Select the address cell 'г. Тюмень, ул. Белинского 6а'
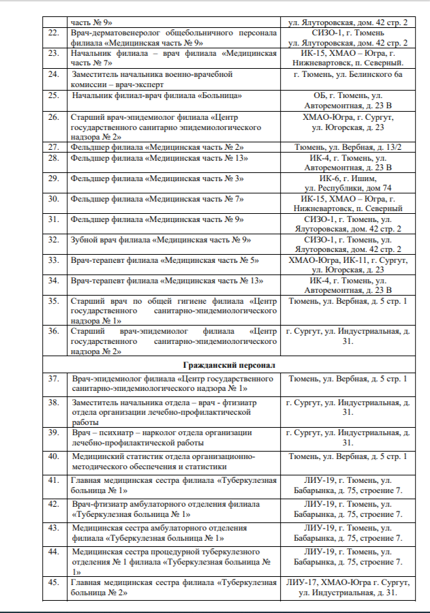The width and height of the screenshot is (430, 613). pos(348,74)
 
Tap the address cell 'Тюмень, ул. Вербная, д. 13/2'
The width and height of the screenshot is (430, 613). pos(348,147)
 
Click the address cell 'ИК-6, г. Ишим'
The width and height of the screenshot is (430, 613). pos(348,183)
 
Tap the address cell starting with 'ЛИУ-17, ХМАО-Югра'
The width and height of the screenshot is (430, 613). pos(348,588)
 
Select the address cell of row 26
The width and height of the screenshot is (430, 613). pos(348,122)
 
